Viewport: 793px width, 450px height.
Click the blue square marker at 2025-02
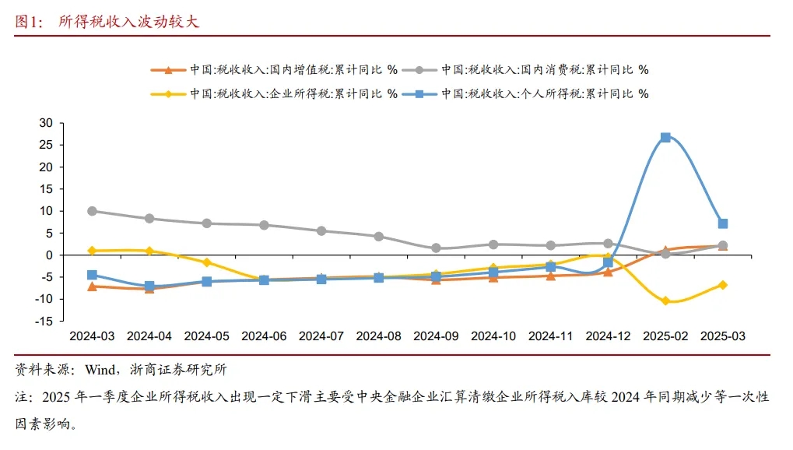click(x=665, y=137)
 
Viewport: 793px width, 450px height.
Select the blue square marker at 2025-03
click(x=723, y=223)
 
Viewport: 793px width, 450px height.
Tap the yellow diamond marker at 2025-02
click(x=665, y=301)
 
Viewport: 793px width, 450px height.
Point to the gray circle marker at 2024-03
click(x=93, y=211)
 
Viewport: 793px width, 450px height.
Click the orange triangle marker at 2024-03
click(x=93, y=287)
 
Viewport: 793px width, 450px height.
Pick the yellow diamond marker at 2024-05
click(x=207, y=262)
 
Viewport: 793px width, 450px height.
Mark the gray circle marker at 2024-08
click(x=379, y=236)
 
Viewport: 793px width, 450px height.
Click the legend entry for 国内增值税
click(x=273, y=70)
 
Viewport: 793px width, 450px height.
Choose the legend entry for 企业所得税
click(x=273, y=93)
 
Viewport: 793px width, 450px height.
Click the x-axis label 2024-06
click(x=265, y=336)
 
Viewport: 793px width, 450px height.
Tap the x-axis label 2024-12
click(x=608, y=336)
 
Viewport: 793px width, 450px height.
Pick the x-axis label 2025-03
click(x=723, y=336)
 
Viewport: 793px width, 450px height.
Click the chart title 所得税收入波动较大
click(x=129, y=22)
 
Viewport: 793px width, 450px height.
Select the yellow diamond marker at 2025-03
click(x=723, y=285)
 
